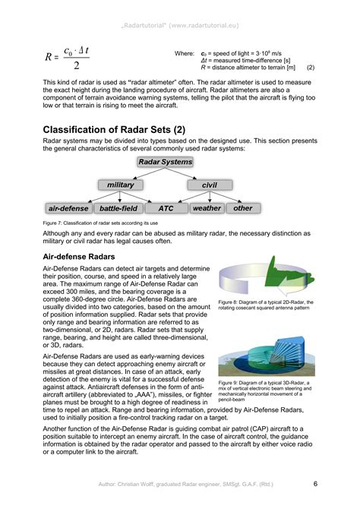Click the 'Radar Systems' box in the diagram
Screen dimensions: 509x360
[x=166, y=162]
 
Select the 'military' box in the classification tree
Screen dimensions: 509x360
[x=121, y=185]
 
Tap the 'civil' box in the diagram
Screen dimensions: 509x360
[x=210, y=185]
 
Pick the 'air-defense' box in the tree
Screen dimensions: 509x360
[x=69, y=207]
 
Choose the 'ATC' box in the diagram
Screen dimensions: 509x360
[x=166, y=207]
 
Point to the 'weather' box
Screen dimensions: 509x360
[x=207, y=207]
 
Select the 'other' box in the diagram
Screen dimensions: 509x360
[x=243, y=207]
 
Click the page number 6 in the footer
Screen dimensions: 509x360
[x=314, y=483]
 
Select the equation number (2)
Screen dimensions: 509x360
[x=311, y=69]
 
